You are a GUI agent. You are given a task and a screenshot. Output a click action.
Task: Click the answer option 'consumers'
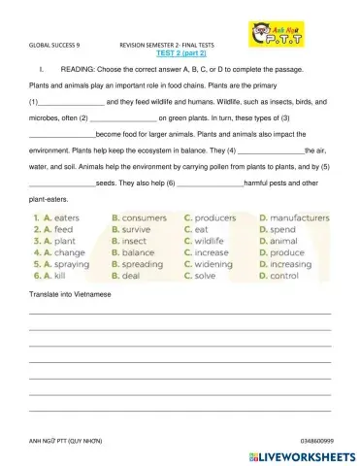tap(144, 218)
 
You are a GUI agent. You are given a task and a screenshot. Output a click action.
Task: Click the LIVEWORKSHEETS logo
tap(302, 454)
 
